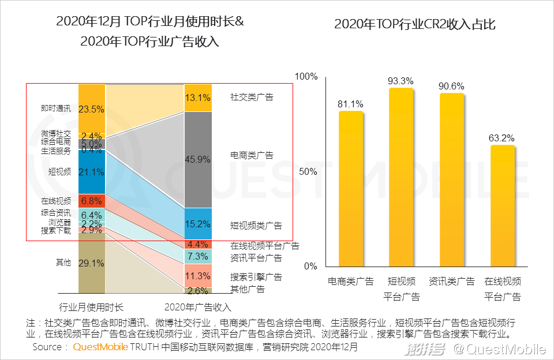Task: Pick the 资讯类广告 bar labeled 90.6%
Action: point(451,179)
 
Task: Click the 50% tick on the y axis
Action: point(309,172)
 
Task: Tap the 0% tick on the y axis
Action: point(311,267)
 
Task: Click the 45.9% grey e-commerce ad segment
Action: point(198,160)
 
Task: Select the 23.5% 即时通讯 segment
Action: point(91,108)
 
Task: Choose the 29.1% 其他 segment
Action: point(91,263)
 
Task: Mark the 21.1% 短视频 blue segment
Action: point(91,172)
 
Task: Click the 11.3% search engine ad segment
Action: point(198,275)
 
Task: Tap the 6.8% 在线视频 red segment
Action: point(91,201)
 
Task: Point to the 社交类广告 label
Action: point(252,97)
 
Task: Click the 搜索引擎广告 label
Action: point(256,277)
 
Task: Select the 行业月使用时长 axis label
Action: point(91,307)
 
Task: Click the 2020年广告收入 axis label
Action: point(198,307)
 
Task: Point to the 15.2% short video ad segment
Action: point(198,224)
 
